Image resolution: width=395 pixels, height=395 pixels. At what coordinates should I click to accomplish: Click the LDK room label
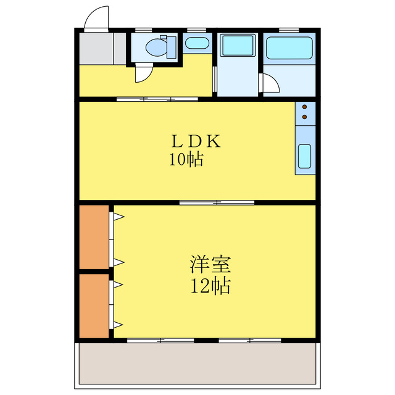click(196, 141)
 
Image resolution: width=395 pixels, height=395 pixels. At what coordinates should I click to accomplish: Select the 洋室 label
click(210, 265)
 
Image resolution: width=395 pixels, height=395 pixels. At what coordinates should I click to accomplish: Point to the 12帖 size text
click(210, 286)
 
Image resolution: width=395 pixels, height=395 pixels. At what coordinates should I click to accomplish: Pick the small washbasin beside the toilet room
click(196, 43)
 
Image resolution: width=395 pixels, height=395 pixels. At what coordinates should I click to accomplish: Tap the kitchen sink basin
click(305, 157)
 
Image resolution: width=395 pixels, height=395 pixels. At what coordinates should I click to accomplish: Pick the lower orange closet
click(94, 306)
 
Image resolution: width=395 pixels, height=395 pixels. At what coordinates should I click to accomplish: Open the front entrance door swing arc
click(97, 18)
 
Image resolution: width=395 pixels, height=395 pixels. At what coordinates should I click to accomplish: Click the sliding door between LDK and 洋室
click(217, 202)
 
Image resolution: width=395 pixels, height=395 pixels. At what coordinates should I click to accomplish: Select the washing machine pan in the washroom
click(238, 46)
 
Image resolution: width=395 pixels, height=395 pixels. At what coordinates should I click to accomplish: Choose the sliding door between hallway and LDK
click(157, 98)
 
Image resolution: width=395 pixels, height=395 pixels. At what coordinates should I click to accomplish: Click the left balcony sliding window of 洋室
click(160, 340)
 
